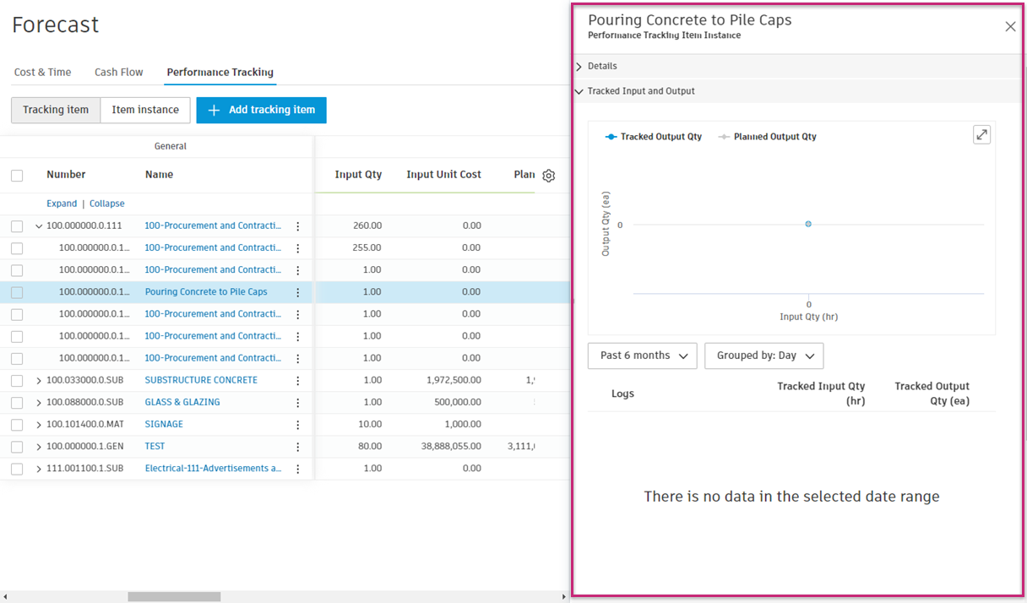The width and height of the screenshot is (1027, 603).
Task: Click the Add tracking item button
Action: click(261, 110)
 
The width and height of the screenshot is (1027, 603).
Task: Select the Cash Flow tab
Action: click(119, 73)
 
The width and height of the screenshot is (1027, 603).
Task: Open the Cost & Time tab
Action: click(42, 73)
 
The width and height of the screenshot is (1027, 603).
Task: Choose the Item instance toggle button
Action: click(145, 110)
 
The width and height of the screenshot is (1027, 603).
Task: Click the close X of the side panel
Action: click(1010, 26)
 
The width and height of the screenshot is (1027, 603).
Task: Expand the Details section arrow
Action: click(579, 67)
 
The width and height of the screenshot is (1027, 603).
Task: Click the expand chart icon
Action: click(981, 135)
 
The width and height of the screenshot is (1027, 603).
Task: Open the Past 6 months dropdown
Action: click(643, 356)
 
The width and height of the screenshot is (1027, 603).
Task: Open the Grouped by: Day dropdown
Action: click(763, 356)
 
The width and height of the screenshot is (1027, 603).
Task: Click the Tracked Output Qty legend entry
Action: click(654, 137)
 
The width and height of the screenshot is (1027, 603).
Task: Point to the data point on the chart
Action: click(808, 224)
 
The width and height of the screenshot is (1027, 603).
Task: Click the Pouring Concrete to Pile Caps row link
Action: click(206, 292)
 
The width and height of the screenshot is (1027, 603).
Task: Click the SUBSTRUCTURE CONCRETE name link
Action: click(201, 380)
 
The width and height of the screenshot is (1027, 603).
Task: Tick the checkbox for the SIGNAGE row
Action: click(17, 424)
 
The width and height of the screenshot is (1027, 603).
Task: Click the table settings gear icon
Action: click(549, 176)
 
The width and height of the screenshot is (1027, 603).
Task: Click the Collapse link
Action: click(107, 204)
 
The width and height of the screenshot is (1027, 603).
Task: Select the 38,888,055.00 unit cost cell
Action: click(444, 446)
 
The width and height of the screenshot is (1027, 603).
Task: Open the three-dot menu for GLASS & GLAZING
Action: click(297, 402)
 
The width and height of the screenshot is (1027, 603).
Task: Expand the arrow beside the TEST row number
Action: click(39, 446)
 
